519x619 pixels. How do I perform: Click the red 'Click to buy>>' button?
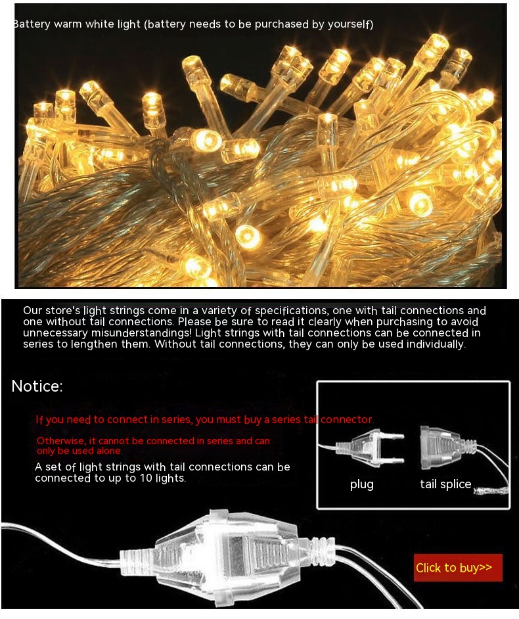pos(458,568)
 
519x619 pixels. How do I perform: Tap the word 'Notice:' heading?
pos(37,386)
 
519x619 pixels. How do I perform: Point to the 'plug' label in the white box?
pos(361,485)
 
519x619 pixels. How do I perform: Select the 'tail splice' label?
pos(445,484)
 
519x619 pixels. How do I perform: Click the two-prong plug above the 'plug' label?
pos(371,447)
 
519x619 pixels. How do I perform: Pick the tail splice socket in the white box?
pos(447,447)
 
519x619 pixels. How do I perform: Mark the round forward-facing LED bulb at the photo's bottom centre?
pos(248,237)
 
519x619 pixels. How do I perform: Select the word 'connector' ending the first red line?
pos(346,419)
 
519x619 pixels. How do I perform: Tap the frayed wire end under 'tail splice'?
pos(491,491)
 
